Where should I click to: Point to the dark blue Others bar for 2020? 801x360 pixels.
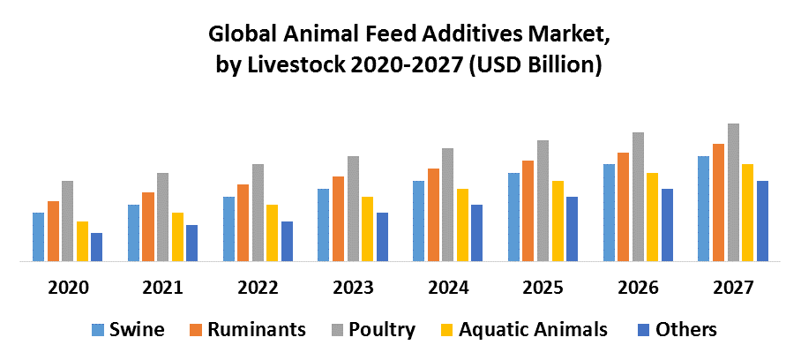point(96,247)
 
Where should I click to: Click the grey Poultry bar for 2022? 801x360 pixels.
point(258,213)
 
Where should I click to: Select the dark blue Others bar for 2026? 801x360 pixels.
point(667,225)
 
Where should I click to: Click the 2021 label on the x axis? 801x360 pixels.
point(162,288)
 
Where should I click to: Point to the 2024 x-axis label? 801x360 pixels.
point(448,288)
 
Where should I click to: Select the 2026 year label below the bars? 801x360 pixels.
point(638,288)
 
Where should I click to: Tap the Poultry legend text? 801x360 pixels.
point(382,330)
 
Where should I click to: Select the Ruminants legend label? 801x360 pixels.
point(257,330)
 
